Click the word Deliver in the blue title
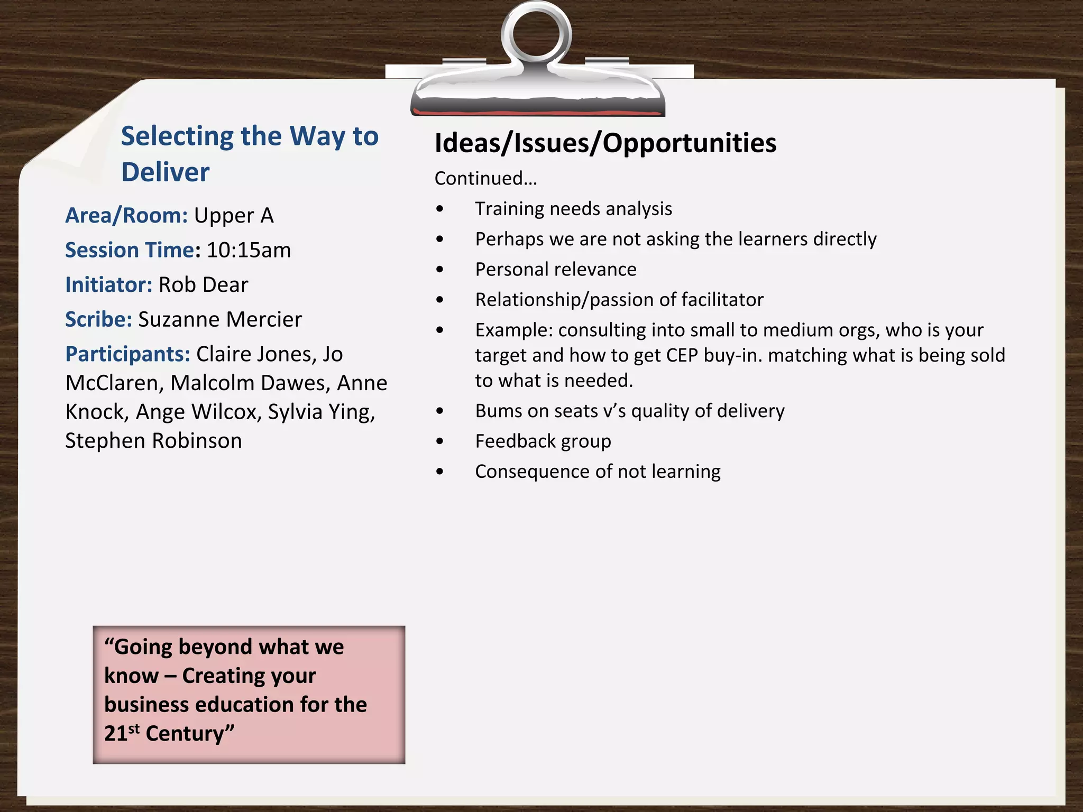tap(166, 172)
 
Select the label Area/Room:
tap(126, 216)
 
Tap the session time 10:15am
tap(249, 250)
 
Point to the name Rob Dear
tap(203, 285)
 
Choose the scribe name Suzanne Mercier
tap(220, 319)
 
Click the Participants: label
tap(127, 354)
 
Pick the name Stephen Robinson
tap(153, 441)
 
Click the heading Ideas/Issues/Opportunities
tap(605, 143)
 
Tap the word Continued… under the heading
tap(485, 179)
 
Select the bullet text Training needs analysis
tap(573, 209)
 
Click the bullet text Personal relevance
tap(555, 270)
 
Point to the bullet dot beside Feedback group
tap(440, 441)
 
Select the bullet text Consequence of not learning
tap(598, 472)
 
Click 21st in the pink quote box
tap(121, 733)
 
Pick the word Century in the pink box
tap(185, 734)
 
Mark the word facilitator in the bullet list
tap(722, 300)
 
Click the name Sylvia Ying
tap(321, 412)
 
